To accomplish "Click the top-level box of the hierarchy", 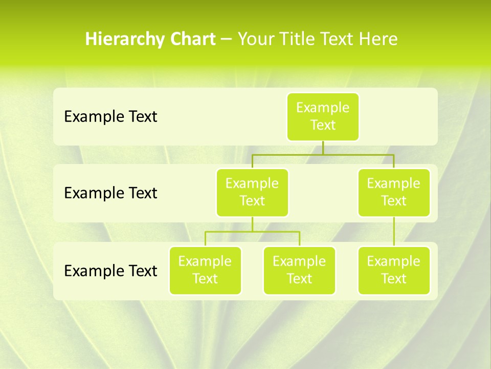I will (x=323, y=116).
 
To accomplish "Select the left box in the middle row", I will (x=252, y=192).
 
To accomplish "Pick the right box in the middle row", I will (x=394, y=192).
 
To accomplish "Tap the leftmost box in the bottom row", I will (x=205, y=270).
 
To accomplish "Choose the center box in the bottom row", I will (x=299, y=270).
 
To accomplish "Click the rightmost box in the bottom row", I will (x=394, y=270).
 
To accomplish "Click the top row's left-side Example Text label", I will (x=110, y=117).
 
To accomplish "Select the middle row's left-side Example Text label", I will (x=110, y=193).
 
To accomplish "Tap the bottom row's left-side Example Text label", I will (x=110, y=271).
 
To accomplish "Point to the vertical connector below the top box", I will (x=323, y=148).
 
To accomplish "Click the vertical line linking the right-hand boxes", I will (x=394, y=232).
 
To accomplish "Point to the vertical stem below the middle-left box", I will (x=252, y=224).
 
